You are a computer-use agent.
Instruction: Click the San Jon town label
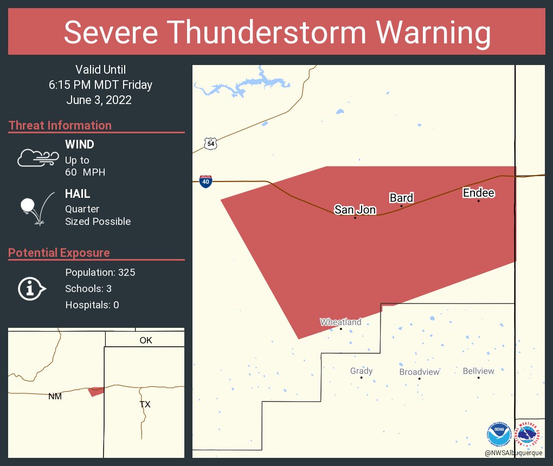[x=355, y=210]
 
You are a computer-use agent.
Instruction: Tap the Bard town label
[x=401, y=198]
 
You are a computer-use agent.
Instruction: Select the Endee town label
[x=478, y=193]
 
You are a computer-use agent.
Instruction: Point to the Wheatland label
[x=340, y=322]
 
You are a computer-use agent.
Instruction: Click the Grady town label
[x=361, y=371]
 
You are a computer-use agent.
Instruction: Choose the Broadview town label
[x=419, y=372]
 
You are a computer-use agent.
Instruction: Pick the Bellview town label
[x=478, y=371]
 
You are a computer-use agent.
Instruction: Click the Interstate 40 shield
[x=205, y=182]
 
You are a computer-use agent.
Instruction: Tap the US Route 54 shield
[x=211, y=144]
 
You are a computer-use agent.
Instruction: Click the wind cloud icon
[x=37, y=157]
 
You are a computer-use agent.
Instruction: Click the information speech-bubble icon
[x=32, y=288]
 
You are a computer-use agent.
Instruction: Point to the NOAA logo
[x=498, y=433]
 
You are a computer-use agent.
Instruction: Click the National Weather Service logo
[x=529, y=433]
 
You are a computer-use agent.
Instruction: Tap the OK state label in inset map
[x=146, y=340]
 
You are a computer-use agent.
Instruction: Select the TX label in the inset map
[x=145, y=404]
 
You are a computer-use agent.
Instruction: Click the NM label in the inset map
[x=55, y=396]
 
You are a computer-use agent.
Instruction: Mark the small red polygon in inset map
[x=96, y=391]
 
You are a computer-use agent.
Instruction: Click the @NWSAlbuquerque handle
[x=513, y=452]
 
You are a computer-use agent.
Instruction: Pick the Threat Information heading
[x=60, y=125]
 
